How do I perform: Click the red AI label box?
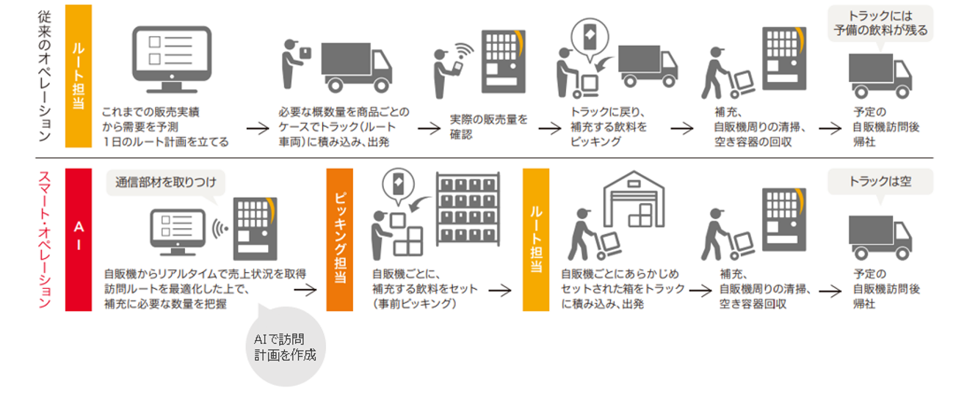click(79, 239)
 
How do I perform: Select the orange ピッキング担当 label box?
click(339, 239)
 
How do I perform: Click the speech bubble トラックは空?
click(880, 181)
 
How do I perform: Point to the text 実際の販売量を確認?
click(488, 126)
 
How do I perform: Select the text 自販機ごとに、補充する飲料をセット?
click(424, 289)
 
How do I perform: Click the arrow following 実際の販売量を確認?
click(549, 128)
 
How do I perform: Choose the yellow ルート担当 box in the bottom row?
click(536, 239)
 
